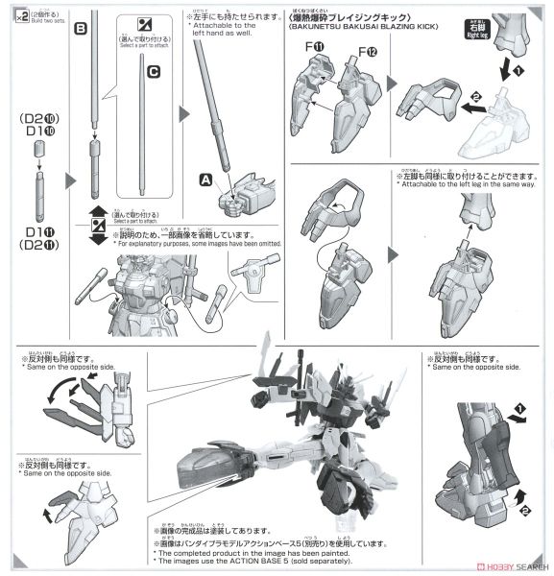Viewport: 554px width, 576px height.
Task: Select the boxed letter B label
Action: [x=81, y=30]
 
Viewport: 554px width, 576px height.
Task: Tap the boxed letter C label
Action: [x=154, y=70]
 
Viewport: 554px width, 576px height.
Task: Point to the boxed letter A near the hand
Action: [x=205, y=178]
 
